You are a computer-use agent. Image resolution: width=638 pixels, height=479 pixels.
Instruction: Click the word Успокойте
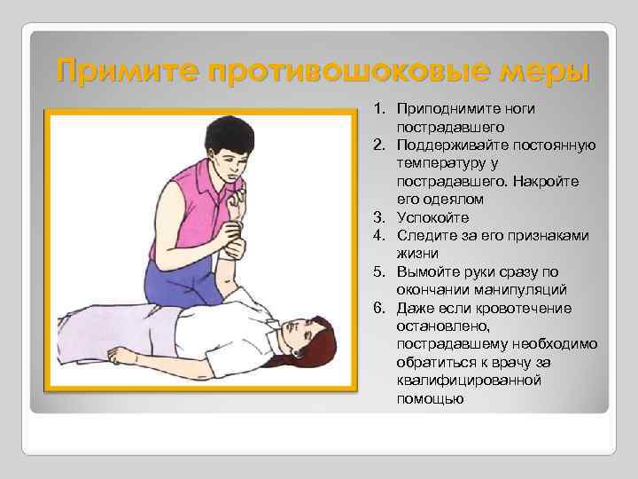click(433, 217)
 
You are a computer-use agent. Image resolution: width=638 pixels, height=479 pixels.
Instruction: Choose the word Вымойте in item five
click(427, 272)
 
